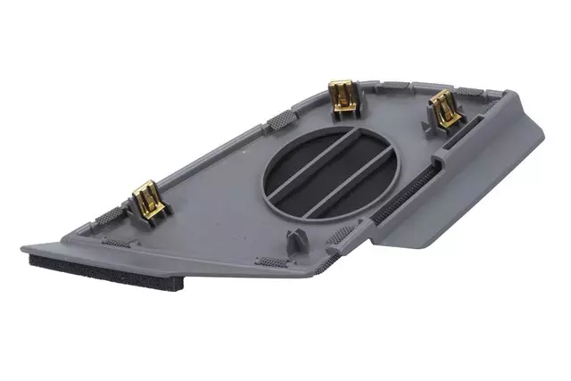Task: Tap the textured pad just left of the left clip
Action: tap(116, 213)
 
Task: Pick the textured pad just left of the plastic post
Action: tap(268, 261)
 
